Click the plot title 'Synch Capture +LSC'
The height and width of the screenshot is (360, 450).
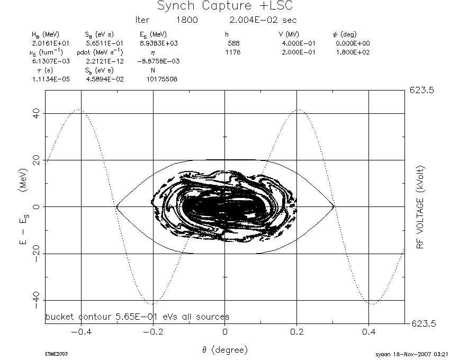pyautogui.click(x=226, y=6)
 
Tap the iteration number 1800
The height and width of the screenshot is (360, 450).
pyautogui.click(x=187, y=20)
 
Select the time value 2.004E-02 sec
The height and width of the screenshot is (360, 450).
pyautogui.click(x=263, y=20)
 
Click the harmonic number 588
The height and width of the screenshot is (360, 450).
pyautogui.click(x=233, y=43)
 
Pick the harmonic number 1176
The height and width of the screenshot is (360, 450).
pyautogui.click(x=233, y=52)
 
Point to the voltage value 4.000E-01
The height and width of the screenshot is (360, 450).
pyautogui.click(x=299, y=43)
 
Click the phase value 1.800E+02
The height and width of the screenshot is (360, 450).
pyautogui.click(x=353, y=52)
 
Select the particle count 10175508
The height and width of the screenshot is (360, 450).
pyautogui.click(x=162, y=79)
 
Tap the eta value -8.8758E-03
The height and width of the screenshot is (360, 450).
pyautogui.click(x=158, y=61)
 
